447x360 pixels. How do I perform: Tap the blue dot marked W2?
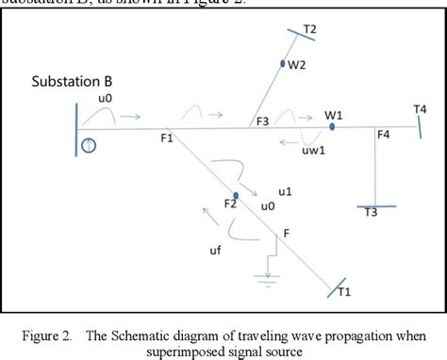click(x=282, y=64)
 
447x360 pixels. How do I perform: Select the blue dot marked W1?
click(x=332, y=126)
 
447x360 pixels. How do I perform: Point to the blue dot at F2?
click(x=237, y=195)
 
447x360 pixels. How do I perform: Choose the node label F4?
click(x=383, y=136)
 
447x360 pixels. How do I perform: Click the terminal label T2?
click(x=309, y=29)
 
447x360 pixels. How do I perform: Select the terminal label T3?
click(x=372, y=213)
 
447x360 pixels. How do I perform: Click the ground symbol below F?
click(x=270, y=274)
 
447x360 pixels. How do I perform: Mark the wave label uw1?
click(x=309, y=150)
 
